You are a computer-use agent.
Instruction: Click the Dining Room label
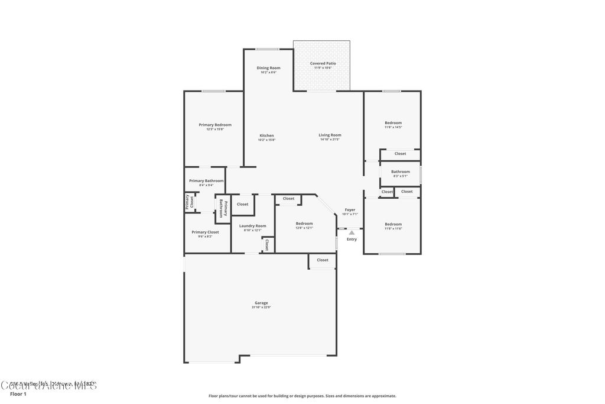coord(268,68)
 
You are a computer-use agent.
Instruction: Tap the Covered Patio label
coord(323,63)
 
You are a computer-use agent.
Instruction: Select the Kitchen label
coord(266,135)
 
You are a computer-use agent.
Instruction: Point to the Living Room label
coord(330,135)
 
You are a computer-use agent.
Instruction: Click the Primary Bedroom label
coord(215,125)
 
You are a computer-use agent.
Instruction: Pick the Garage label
coord(261,303)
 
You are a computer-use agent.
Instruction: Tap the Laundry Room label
coord(252,225)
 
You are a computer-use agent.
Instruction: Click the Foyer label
coord(350,210)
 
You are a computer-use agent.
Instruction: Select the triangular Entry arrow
coord(352,233)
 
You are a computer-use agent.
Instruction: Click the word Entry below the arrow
coord(352,240)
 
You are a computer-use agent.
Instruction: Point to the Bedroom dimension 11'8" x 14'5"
coord(393,127)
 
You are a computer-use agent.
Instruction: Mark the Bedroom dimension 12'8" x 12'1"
coord(304,228)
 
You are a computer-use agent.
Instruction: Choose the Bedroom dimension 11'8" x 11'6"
coord(393,228)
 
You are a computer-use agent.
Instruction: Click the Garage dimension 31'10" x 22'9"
coord(261,308)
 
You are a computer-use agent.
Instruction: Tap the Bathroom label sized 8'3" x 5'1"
coord(400,172)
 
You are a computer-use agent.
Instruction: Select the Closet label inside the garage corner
coord(323,260)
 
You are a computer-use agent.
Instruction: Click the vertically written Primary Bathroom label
coord(223,209)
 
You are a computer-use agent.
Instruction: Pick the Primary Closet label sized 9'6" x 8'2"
coord(205,232)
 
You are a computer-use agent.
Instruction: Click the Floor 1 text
coord(18,393)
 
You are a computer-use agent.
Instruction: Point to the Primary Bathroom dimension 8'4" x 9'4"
coord(206,185)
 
